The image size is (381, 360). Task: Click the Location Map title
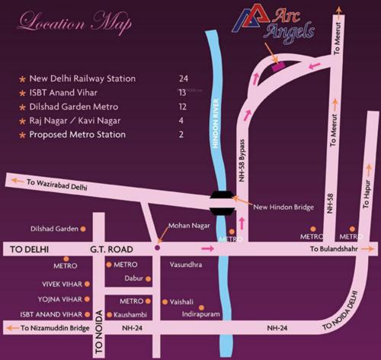click(x=74, y=23)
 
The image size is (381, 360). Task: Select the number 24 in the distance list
click(x=183, y=79)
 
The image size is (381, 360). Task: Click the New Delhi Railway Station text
click(x=82, y=79)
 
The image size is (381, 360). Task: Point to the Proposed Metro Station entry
click(x=77, y=134)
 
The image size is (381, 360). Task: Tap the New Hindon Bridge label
click(x=279, y=207)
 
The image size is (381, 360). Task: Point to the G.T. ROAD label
click(x=111, y=249)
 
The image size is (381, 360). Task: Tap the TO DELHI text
click(x=29, y=249)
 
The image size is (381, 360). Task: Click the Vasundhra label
click(x=187, y=264)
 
